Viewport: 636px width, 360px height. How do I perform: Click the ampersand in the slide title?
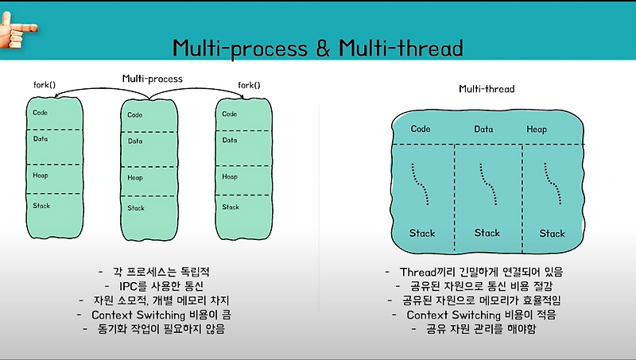pyautogui.click(x=326, y=49)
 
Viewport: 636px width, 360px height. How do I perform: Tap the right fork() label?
pyautogui.click(x=250, y=84)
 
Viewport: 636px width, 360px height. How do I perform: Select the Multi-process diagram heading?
pyautogui.click(x=152, y=79)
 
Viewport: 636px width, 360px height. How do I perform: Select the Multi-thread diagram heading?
pyautogui.click(x=487, y=90)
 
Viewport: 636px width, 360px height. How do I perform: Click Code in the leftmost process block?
pyautogui.click(x=41, y=112)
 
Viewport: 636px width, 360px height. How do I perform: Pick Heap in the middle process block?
pyautogui.click(x=135, y=178)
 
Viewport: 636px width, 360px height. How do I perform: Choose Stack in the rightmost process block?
pyautogui.click(x=231, y=207)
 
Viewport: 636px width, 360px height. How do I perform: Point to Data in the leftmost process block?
pyautogui.click(x=41, y=138)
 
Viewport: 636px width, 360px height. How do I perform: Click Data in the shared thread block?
pyautogui.click(x=483, y=129)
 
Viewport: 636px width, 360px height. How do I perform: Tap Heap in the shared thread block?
pyautogui.click(x=536, y=129)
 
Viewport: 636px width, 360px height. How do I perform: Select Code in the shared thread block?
pyautogui.click(x=421, y=129)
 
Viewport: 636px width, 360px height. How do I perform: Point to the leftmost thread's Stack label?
pyautogui.click(x=422, y=233)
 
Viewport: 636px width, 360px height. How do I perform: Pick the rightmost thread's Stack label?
pyautogui.click(x=552, y=234)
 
